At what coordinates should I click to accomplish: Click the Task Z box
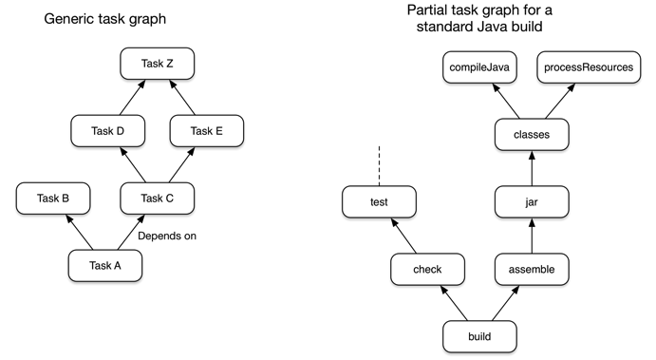click(x=157, y=65)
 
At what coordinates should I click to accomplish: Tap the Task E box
click(x=207, y=131)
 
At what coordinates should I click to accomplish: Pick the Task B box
click(x=53, y=198)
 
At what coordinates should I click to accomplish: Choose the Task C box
click(x=158, y=198)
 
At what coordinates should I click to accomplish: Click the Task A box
click(x=104, y=265)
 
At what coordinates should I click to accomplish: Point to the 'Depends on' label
click(x=167, y=236)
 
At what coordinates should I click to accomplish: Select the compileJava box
click(x=480, y=67)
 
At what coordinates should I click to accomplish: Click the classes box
click(x=531, y=134)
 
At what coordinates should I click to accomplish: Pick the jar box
click(x=531, y=201)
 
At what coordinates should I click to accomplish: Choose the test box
click(x=378, y=201)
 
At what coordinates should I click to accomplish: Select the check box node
click(x=427, y=270)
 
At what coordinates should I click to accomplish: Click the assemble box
click(x=531, y=270)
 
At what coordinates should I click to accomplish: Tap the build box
click(x=479, y=336)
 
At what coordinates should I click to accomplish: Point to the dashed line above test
click(x=379, y=165)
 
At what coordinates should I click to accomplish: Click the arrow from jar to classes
click(x=531, y=168)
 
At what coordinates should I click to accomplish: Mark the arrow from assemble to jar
click(x=531, y=236)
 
